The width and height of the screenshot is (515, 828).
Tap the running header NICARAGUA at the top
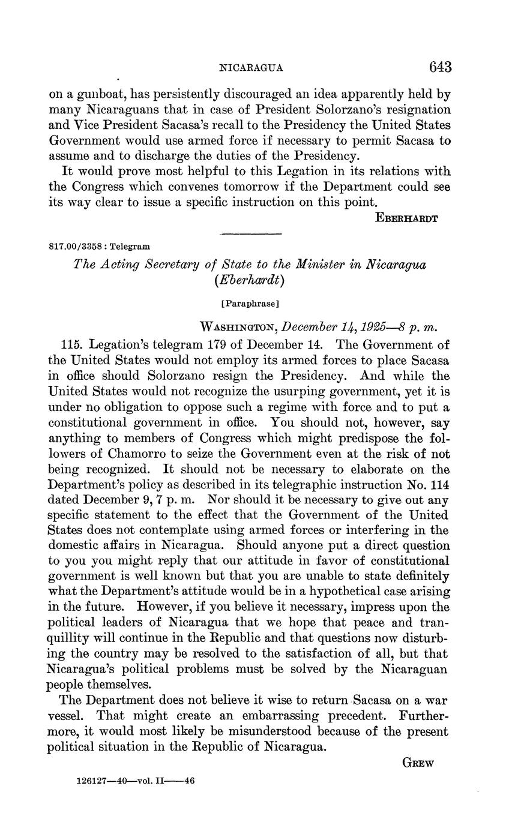coord(252,68)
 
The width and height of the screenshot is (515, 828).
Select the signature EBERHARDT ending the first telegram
coord(406,218)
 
